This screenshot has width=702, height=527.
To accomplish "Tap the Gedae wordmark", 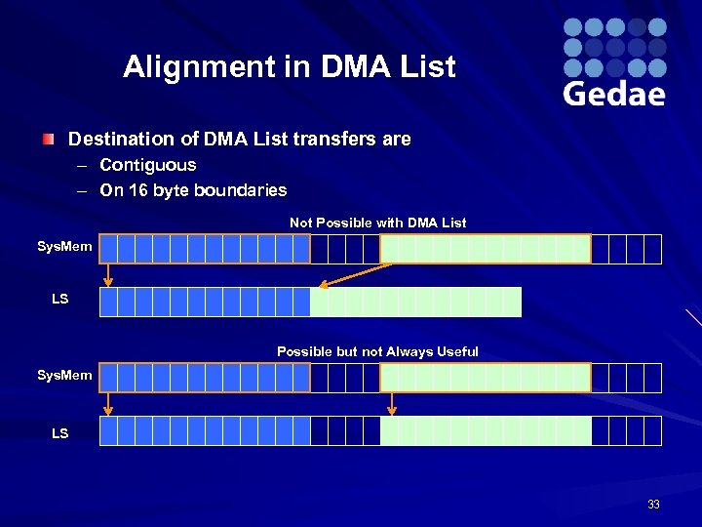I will pyautogui.click(x=614, y=93).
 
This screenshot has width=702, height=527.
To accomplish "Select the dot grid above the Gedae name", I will pyautogui.click(x=614, y=47).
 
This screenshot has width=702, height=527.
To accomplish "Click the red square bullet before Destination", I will pyautogui.click(x=48, y=140).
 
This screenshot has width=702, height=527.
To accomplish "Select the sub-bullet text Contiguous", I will pyautogui.click(x=147, y=165).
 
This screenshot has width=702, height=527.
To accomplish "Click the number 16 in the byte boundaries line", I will pyautogui.click(x=140, y=190).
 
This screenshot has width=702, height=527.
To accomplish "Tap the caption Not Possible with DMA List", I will pyautogui.click(x=377, y=223).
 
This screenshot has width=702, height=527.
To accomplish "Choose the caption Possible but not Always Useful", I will pyautogui.click(x=377, y=351).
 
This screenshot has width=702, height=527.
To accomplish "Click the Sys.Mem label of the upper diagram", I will pyautogui.click(x=64, y=247).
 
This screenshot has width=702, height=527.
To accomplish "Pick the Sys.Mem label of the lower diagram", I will pyautogui.click(x=64, y=375).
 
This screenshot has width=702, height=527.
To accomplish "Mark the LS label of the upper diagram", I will pyautogui.click(x=60, y=299).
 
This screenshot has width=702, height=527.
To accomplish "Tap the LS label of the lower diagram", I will pyautogui.click(x=60, y=432).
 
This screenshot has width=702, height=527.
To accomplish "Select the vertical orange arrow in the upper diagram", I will pyautogui.click(x=108, y=274).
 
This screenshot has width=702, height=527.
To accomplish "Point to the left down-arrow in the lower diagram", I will pyautogui.click(x=108, y=403).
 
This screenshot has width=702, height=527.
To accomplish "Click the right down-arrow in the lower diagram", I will pyautogui.click(x=391, y=403).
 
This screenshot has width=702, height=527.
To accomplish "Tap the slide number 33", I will pyautogui.click(x=653, y=505).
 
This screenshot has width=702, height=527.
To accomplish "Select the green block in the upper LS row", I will pyautogui.click(x=415, y=303).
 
